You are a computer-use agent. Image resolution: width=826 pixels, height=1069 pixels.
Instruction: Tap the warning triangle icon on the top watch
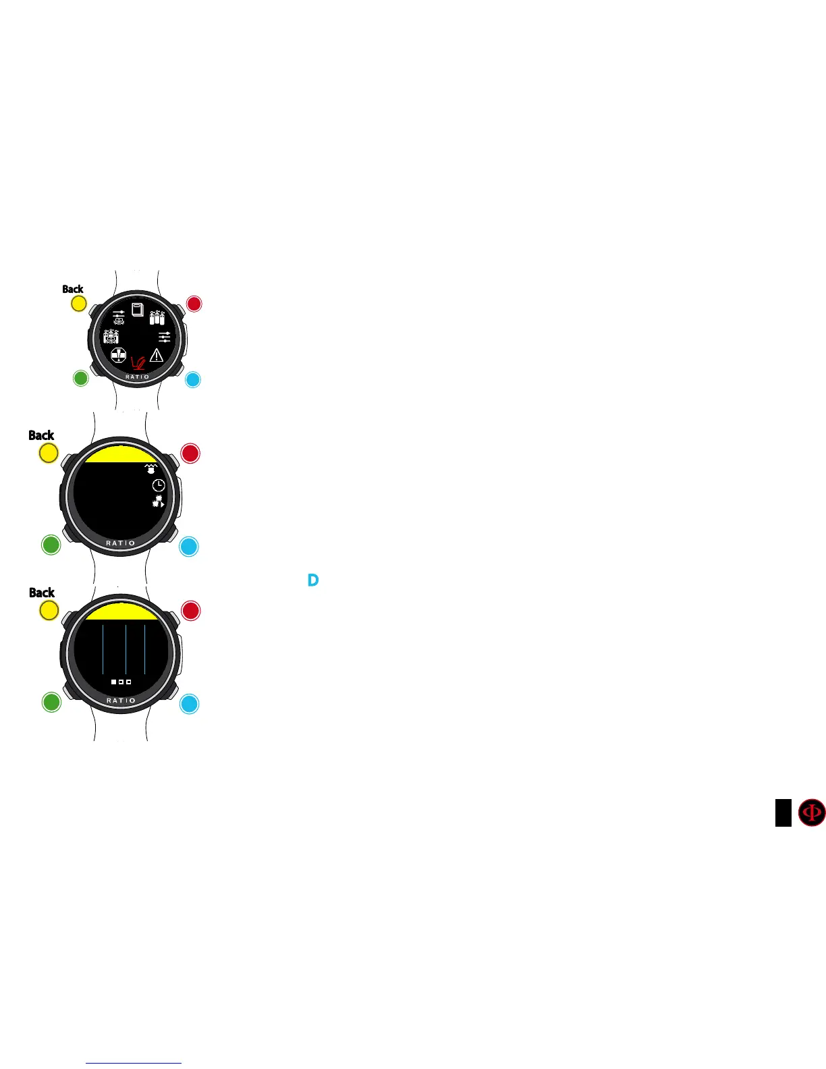(157, 355)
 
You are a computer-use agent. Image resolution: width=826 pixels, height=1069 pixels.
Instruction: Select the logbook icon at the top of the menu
(138, 310)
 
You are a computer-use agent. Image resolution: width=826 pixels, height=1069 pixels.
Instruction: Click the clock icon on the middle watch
(158, 485)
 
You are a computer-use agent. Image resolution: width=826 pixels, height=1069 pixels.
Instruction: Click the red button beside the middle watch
(190, 454)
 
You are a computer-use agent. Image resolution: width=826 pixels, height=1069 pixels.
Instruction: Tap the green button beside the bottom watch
(51, 702)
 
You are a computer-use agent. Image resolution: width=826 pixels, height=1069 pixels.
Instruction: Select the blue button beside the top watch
(192, 379)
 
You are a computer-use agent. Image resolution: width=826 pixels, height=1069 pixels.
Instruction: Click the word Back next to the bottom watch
(42, 593)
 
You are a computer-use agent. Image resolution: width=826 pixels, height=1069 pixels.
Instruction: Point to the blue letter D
(313, 580)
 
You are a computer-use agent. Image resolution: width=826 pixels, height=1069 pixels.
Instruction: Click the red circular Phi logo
(812, 813)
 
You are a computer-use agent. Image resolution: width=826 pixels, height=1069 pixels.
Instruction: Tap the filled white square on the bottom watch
(114, 682)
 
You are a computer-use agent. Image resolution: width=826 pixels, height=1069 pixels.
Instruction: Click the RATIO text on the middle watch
(121, 543)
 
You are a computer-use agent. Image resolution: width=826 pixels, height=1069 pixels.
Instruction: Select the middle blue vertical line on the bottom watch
(126, 649)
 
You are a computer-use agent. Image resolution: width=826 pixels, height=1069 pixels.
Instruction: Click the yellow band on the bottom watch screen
(121, 611)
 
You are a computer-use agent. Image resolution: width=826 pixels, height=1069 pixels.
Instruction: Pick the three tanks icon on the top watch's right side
(157, 317)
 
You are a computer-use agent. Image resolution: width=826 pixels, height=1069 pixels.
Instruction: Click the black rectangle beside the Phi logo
(783, 813)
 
